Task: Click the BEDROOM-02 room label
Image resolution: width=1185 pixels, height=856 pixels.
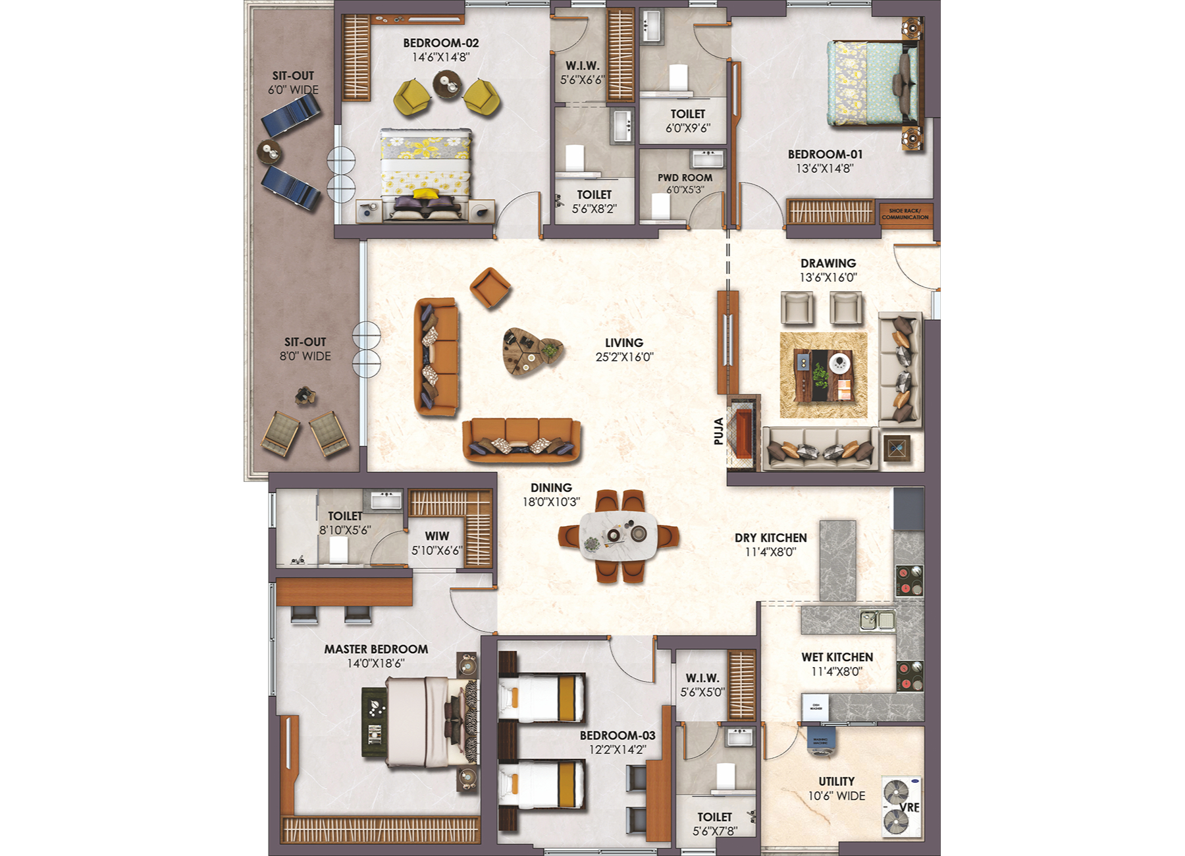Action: pyautogui.click(x=440, y=43)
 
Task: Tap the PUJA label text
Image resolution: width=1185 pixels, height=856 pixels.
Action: pyautogui.click(x=719, y=431)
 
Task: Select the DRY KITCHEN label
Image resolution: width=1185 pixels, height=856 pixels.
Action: pyautogui.click(x=770, y=538)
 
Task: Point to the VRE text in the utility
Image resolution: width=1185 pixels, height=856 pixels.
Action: pyautogui.click(x=909, y=807)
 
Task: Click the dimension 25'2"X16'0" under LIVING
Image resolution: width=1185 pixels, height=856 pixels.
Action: pyautogui.click(x=624, y=357)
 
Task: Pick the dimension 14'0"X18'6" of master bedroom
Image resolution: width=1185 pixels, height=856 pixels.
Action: pyautogui.click(x=375, y=663)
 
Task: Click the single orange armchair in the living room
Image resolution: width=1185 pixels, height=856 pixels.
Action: pyautogui.click(x=490, y=287)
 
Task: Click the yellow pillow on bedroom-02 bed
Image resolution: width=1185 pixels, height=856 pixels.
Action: pyautogui.click(x=425, y=193)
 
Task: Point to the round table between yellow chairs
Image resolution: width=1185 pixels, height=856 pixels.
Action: pyautogui.click(x=447, y=84)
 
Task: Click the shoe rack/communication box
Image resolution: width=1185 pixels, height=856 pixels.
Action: pyautogui.click(x=905, y=214)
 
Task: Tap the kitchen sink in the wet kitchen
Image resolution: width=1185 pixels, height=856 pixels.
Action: pyautogui.click(x=877, y=620)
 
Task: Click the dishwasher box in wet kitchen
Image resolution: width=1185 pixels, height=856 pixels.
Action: pyautogui.click(x=815, y=707)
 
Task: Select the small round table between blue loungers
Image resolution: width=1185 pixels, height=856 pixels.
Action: pyautogui.click(x=269, y=152)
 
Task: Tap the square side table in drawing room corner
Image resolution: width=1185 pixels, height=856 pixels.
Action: pyautogui.click(x=896, y=449)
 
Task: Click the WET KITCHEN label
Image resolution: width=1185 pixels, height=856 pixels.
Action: pyautogui.click(x=837, y=657)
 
